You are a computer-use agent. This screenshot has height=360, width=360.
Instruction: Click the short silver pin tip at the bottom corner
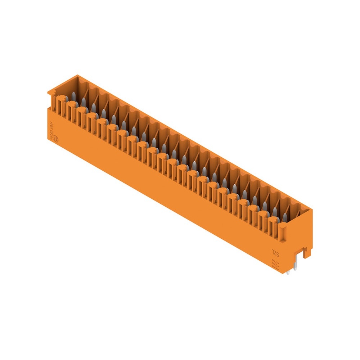[x=288, y=273]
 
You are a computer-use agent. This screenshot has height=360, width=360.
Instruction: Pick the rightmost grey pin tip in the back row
[x=285, y=217]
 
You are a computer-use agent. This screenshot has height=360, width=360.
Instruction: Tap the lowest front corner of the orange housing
[x=283, y=272]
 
